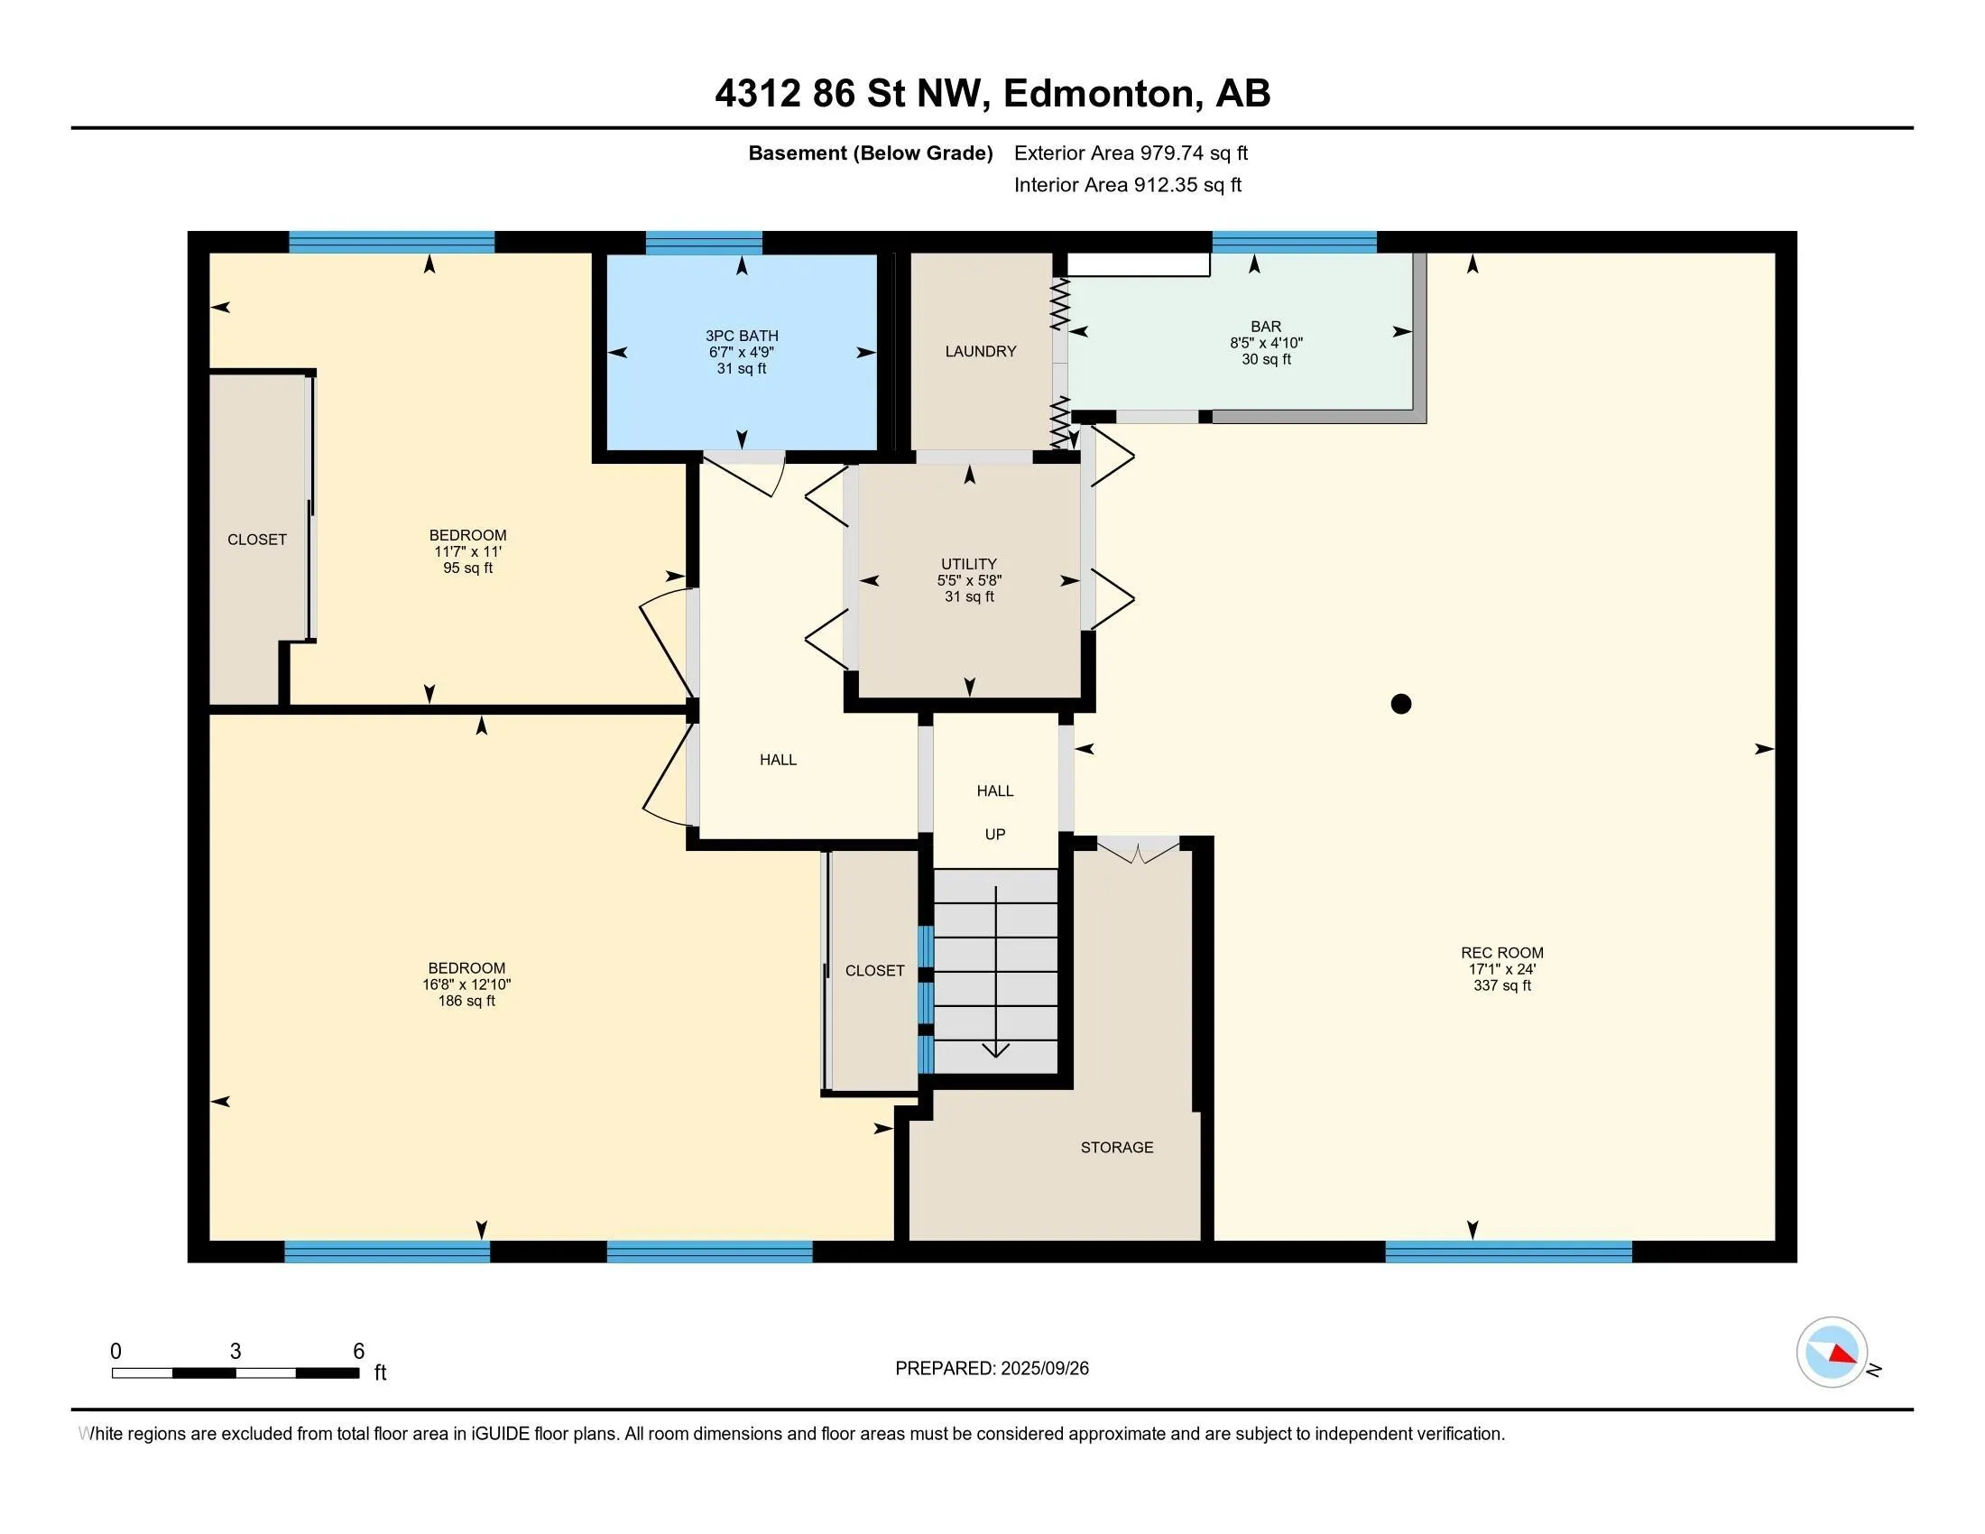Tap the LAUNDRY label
click(981, 352)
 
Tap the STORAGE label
click(1117, 1148)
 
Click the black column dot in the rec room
click(1400, 704)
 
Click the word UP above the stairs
click(995, 835)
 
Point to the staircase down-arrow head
click(996, 1050)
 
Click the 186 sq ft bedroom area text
click(466, 1001)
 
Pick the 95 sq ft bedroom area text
click(468, 568)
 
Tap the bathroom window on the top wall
click(704, 242)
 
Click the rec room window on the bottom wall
click(1508, 1252)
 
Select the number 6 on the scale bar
click(359, 1352)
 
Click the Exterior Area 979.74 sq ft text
click(1131, 152)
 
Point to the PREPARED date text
click(992, 1369)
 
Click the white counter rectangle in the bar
click(1138, 263)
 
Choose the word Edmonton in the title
click(1098, 94)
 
